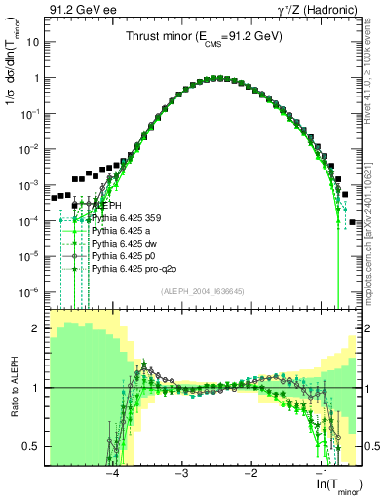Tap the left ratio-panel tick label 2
coord(37,328)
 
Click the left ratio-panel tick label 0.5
coord(33,446)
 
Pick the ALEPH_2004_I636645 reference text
coord(203,290)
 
